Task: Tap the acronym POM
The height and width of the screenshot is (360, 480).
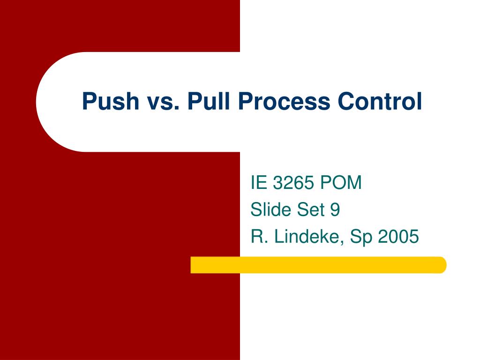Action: [341, 183]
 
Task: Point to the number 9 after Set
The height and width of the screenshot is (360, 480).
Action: [334, 210]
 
